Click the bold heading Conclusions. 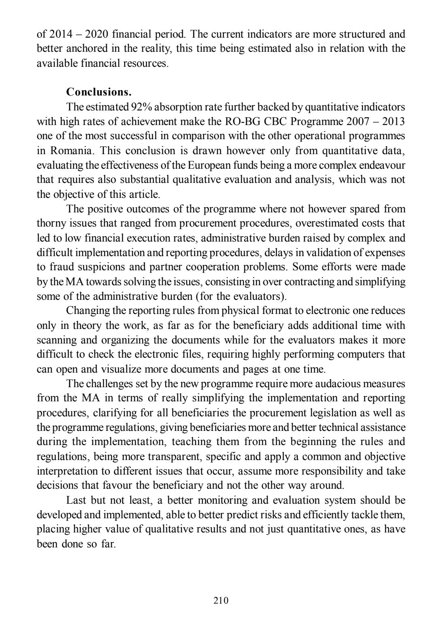99,92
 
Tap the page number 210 221,600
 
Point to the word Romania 72,151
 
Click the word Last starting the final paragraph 77,500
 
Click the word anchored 85,49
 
